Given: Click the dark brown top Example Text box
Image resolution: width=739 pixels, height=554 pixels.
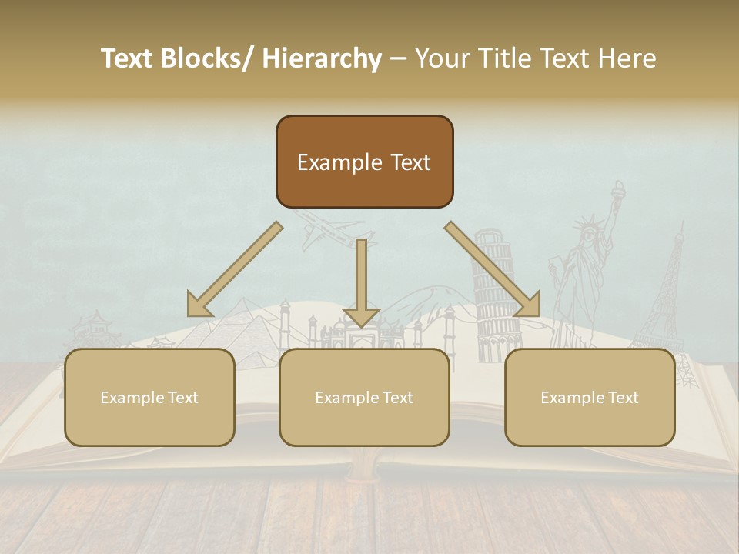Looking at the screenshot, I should [364, 162].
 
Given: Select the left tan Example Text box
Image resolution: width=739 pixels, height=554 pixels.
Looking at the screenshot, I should [149, 397].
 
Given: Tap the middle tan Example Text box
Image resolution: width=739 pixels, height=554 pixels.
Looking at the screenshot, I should [364, 397].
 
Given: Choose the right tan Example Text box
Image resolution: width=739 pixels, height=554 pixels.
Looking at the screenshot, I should [590, 397].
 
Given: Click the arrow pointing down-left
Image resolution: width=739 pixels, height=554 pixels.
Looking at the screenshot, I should [234, 269].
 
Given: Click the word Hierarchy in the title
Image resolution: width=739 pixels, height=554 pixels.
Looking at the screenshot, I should [322, 58].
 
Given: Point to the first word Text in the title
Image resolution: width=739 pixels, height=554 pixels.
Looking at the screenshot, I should [129, 58].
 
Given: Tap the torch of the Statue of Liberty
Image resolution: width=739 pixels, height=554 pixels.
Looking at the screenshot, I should [618, 188].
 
